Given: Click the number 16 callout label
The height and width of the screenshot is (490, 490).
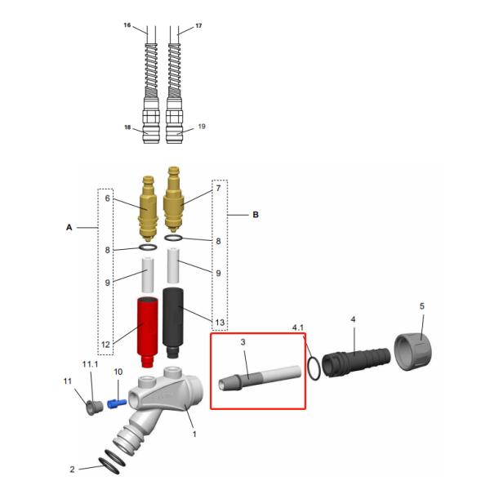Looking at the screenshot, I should (x=127, y=26).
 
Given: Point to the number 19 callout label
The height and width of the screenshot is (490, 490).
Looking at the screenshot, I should (x=202, y=127).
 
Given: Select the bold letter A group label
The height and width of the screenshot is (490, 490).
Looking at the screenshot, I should (x=69, y=229).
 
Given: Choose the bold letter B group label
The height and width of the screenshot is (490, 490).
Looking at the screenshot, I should (x=256, y=215).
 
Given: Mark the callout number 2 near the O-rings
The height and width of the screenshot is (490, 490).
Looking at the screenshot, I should (x=72, y=469).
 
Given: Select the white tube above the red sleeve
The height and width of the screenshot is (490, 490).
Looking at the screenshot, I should (x=148, y=275).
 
